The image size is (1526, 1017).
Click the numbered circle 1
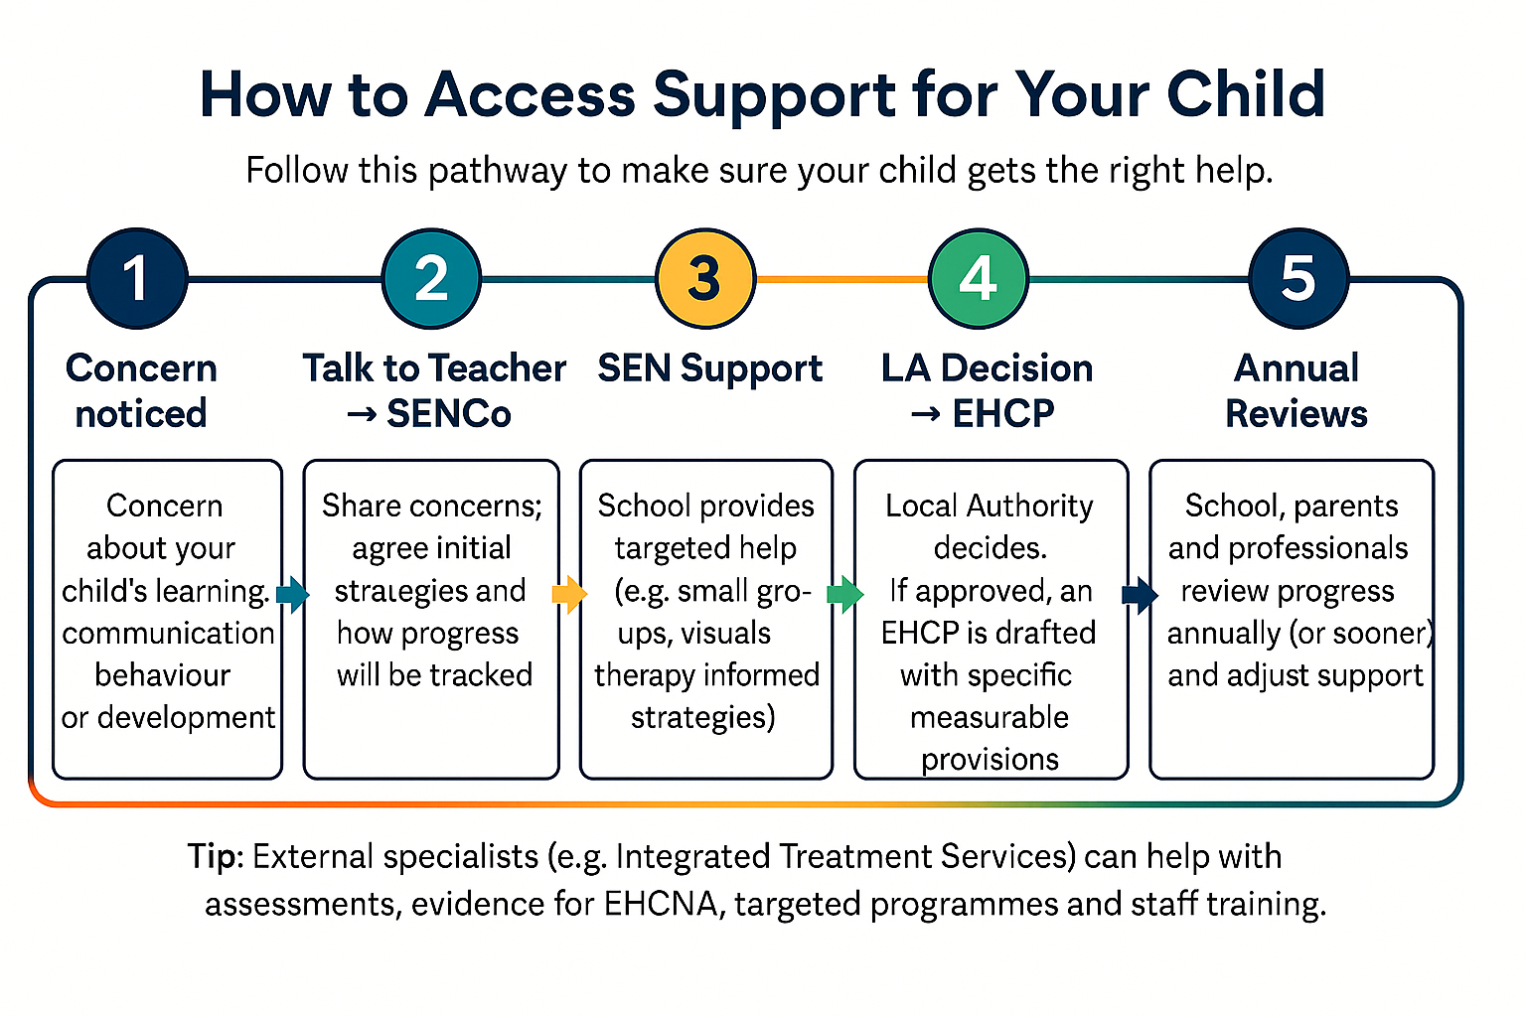click(137, 278)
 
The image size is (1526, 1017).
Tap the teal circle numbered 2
click(431, 278)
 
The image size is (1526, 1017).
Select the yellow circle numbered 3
click(705, 278)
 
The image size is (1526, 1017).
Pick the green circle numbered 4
click(979, 278)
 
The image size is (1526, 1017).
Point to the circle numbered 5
click(1298, 278)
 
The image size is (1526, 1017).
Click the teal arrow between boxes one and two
click(292, 595)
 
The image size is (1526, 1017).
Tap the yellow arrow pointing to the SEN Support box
click(568, 595)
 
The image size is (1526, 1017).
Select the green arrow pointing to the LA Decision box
click(844, 595)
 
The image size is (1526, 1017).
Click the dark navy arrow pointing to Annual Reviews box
click(1140, 595)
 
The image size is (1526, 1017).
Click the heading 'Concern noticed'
click(141, 390)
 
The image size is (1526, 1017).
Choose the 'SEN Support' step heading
click(709, 368)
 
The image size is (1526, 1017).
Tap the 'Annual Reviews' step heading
click(1297, 390)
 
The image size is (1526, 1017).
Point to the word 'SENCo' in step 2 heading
click(449, 413)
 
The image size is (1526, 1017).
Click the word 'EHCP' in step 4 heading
click(1003, 413)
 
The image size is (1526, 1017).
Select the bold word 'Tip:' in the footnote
click(216, 856)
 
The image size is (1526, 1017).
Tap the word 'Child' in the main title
click(1246, 94)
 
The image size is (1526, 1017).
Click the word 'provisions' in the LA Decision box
click(990, 759)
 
